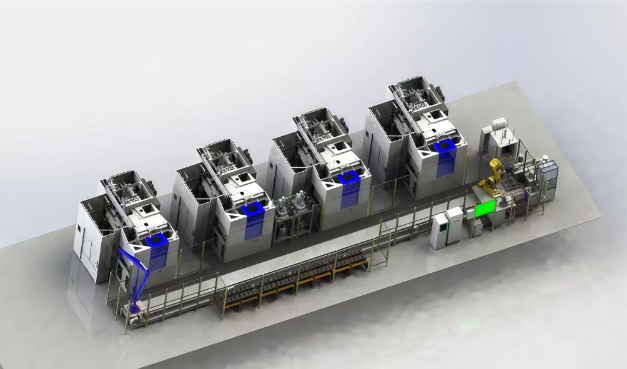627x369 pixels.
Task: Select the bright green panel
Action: (485, 209)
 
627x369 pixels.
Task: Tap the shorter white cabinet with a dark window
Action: (439, 230)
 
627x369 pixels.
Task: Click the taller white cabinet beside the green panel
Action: (454, 224)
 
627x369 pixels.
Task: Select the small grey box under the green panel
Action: (476, 228)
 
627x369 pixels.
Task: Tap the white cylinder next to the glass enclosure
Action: (545, 160)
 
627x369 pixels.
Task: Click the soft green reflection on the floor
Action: (470, 324)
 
